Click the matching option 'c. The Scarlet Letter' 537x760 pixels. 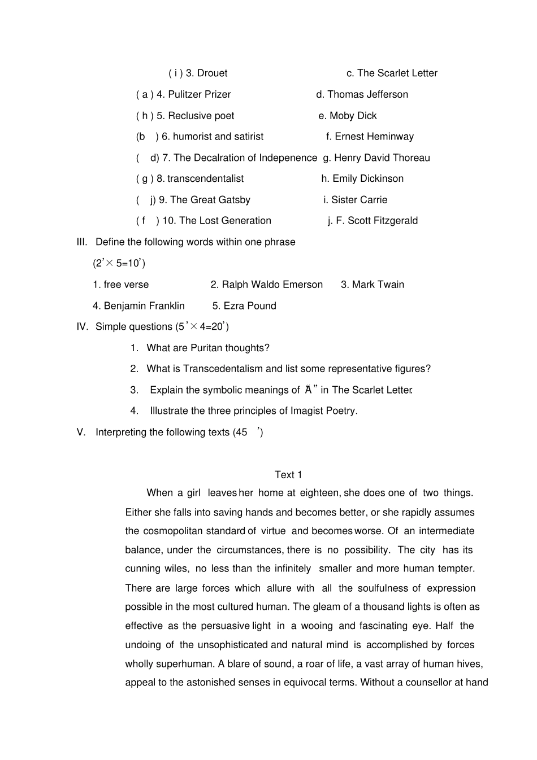point(392,73)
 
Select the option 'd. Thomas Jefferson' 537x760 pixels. point(362,94)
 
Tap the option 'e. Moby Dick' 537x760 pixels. point(347,116)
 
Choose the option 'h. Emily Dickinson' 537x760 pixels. point(362,179)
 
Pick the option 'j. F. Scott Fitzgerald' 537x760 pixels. point(373,221)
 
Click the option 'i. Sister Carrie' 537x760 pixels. point(355,200)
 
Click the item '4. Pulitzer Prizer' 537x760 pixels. point(193,94)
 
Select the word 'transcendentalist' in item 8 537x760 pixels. point(205,179)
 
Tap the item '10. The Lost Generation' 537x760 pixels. point(216,221)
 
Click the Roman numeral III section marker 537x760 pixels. point(82,242)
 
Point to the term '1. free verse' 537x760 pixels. point(121,285)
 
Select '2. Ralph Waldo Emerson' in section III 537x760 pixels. point(266,285)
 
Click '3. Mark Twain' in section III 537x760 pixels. point(373,285)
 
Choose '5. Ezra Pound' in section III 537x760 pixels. point(244,306)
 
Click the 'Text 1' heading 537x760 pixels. point(288,475)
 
